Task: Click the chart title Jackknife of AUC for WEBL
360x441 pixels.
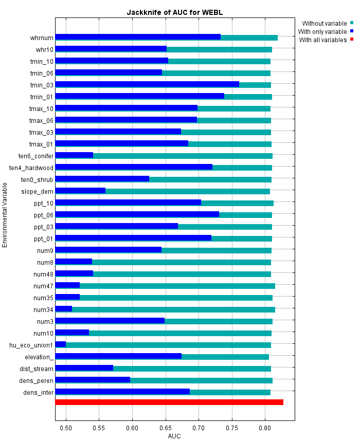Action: tap(175, 12)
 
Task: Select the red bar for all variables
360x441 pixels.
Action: tap(169, 402)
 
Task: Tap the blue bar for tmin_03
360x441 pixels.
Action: tap(147, 84)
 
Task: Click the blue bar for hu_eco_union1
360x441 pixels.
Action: tap(61, 344)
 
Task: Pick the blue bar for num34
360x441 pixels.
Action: tap(64, 309)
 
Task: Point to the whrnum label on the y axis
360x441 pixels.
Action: tap(42, 38)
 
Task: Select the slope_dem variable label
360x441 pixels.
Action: tap(37, 191)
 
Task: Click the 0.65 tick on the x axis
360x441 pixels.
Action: tap(166, 428)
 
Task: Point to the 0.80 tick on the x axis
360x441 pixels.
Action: tap(265, 428)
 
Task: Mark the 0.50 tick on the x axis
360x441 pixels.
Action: tap(66, 428)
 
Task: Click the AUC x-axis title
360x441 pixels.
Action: tap(175, 436)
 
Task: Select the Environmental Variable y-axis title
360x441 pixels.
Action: tap(5, 214)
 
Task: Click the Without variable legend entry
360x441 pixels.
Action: tap(324, 24)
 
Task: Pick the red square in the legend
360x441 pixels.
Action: tap(352, 40)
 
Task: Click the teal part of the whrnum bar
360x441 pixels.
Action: tap(249, 37)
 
